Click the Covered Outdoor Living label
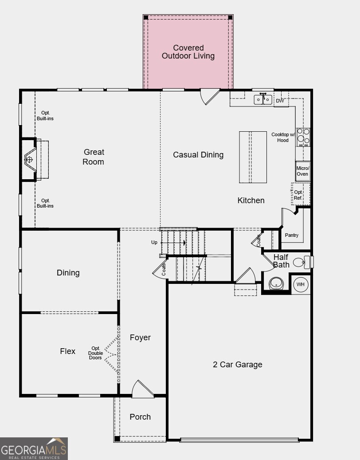(188, 52)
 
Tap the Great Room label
(94, 157)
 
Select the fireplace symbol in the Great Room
(30, 159)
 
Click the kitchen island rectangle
(253, 157)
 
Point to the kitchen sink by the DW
(263, 100)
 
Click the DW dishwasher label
(280, 101)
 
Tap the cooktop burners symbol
(303, 137)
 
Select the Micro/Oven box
(302, 171)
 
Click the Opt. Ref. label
(298, 195)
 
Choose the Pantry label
(292, 235)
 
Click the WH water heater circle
(301, 284)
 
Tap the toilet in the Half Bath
(300, 262)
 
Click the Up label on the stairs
(154, 242)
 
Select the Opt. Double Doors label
(95, 353)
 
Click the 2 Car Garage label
(238, 365)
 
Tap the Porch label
(140, 417)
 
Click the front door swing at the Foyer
(142, 389)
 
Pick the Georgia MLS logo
(34, 448)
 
